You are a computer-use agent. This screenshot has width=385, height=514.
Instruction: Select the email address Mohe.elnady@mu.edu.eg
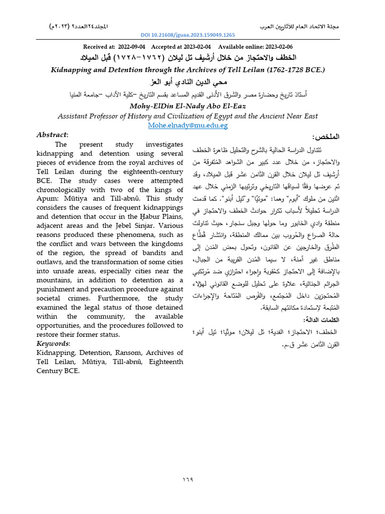tap(187, 125)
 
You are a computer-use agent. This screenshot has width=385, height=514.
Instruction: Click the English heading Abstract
tap(52, 135)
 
